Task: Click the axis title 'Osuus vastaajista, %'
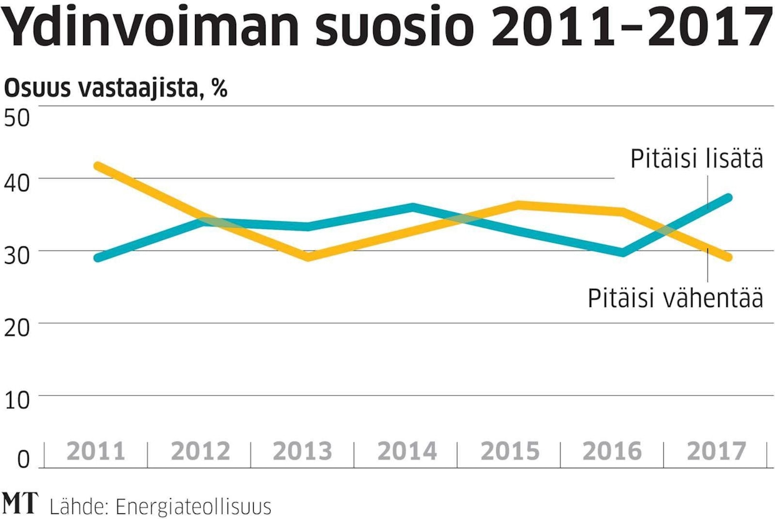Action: pyautogui.click(x=116, y=89)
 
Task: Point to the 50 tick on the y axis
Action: pyautogui.click(x=17, y=117)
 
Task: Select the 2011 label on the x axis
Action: pyautogui.click(x=96, y=451)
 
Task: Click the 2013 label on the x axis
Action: pyautogui.click(x=302, y=451)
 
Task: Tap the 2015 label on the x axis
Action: pyautogui.click(x=509, y=451)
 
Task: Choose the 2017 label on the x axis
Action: pyautogui.click(x=716, y=451)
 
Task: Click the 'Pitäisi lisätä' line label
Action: pyautogui.click(x=696, y=159)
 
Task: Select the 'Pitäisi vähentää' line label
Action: pyautogui.click(x=675, y=299)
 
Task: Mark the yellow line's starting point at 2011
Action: pyautogui.click(x=97, y=166)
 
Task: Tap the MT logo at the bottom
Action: pyautogui.click(x=19, y=503)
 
